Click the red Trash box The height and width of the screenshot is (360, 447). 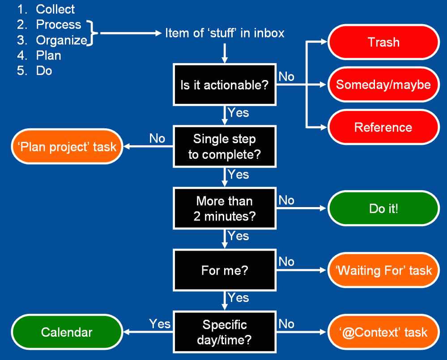383,42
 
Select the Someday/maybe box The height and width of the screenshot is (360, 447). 383,85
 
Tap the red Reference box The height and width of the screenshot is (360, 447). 383,127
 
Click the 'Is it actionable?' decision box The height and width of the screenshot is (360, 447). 224,85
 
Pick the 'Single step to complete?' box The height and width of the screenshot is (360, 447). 224,147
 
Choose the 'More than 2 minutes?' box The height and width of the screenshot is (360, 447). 224,208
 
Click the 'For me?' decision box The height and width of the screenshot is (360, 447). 224,270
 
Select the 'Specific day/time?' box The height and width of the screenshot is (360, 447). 224,332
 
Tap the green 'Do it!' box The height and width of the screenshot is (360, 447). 383,208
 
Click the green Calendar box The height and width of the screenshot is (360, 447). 67,332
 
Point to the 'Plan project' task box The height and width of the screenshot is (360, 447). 67,147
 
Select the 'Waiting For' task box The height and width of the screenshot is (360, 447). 383,270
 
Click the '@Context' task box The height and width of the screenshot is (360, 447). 383,332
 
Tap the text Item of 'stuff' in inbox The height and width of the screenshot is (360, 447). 225,33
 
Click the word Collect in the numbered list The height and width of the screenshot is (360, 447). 55,9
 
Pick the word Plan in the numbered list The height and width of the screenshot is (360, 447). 48,55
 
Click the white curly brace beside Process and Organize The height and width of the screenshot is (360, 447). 92,33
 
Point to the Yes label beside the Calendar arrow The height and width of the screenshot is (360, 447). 160,323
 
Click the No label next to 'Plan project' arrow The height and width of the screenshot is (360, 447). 157,138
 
